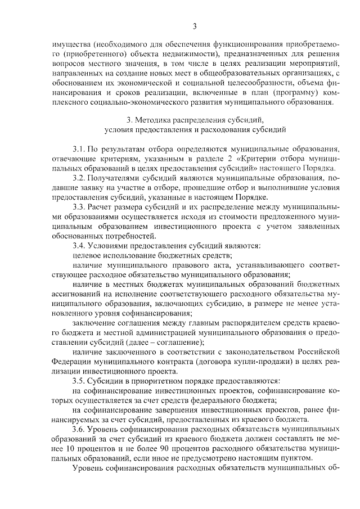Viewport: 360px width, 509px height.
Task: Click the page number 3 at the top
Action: tap(194, 25)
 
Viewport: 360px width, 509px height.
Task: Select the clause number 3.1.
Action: tap(79, 149)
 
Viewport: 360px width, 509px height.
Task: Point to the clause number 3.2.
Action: tap(79, 177)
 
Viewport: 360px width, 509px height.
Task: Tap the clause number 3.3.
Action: tap(79, 206)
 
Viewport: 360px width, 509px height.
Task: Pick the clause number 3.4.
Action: tap(79, 245)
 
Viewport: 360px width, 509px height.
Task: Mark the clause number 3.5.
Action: tap(79, 381)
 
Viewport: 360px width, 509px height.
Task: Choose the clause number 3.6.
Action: tap(79, 429)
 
